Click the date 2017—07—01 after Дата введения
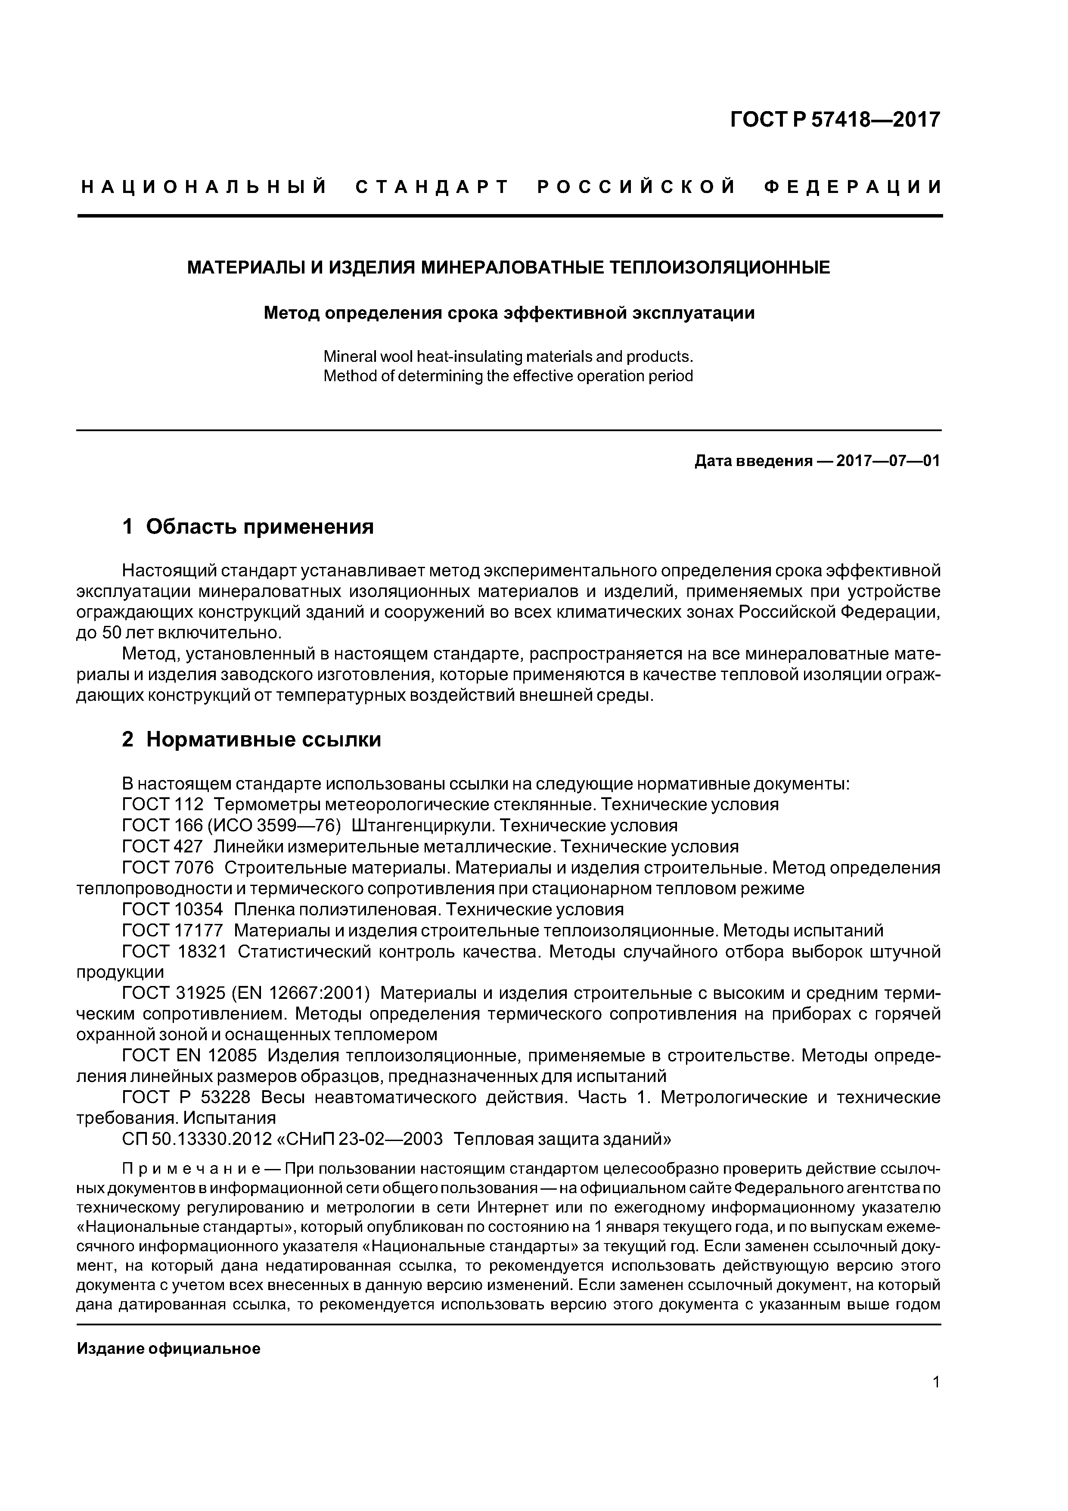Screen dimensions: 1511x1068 pyautogui.click(x=887, y=461)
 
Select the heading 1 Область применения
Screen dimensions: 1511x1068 pyautogui.click(x=248, y=526)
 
